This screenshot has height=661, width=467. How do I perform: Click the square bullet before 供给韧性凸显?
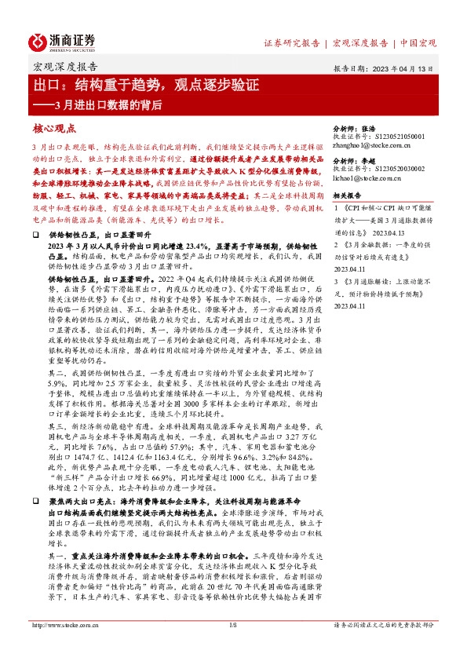(x=35, y=235)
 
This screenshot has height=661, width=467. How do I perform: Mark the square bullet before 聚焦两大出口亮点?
(x=35, y=499)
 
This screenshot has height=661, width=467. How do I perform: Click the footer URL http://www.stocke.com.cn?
(x=61, y=648)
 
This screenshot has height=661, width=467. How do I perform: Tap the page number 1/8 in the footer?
(x=232, y=648)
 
